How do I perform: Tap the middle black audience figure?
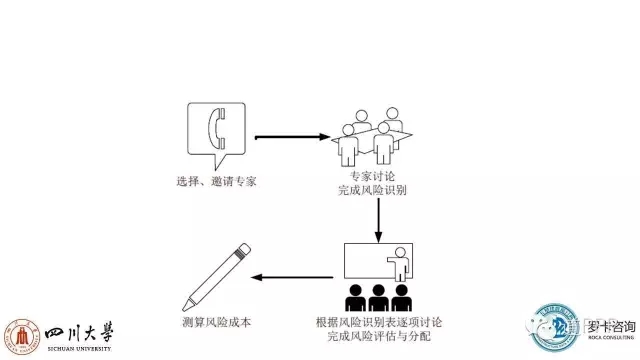[378, 300]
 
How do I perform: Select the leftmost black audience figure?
[354, 300]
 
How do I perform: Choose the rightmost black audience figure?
[402, 300]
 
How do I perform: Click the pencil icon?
[216, 275]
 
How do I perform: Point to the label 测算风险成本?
[216, 325]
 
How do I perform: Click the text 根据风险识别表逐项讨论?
[377, 325]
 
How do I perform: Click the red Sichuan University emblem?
[21, 337]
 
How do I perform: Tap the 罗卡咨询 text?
[605, 327]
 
